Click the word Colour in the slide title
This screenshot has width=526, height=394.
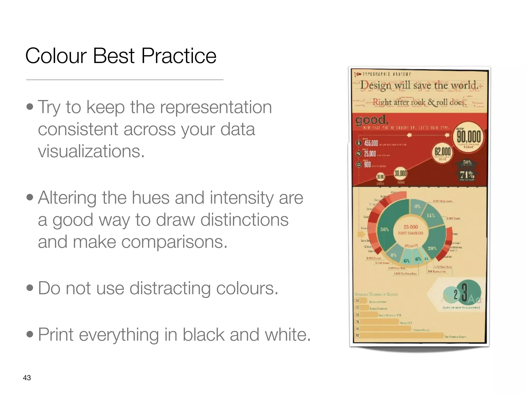click(x=56, y=56)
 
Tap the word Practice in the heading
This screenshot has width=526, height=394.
click(x=179, y=56)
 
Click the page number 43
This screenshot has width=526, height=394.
click(x=27, y=378)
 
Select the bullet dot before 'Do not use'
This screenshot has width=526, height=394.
click(x=30, y=288)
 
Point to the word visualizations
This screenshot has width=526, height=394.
click(x=91, y=151)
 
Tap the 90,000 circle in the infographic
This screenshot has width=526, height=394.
click(x=468, y=137)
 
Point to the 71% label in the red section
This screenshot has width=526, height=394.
click(x=467, y=175)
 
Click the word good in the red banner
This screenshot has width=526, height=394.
click(x=372, y=120)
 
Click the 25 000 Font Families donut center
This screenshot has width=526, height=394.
click(x=410, y=230)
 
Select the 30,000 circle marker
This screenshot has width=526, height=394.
click(x=400, y=174)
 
